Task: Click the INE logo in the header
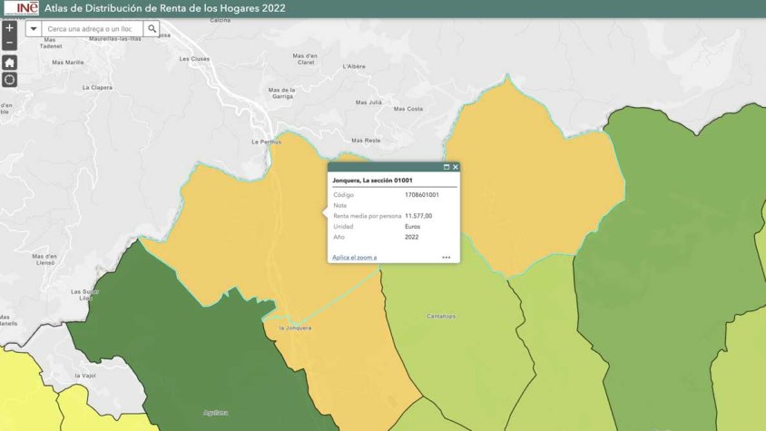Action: pyautogui.click(x=21, y=8)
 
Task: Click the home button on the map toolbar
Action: pyautogui.click(x=9, y=63)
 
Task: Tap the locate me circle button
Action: pyautogui.click(x=9, y=80)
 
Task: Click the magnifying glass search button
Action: pyautogui.click(x=152, y=29)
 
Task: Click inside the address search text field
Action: pyautogui.click(x=93, y=29)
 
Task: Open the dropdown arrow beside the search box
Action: pyautogui.click(x=34, y=29)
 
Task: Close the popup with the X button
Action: pyautogui.click(x=456, y=167)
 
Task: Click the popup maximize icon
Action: pyautogui.click(x=447, y=167)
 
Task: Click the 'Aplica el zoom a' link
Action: pyautogui.click(x=354, y=258)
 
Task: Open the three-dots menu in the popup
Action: pyautogui.click(x=447, y=258)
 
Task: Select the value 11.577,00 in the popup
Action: pyautogui.click(x=418, y=216)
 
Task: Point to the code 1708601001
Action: pyautogui.click(x=422, y=195)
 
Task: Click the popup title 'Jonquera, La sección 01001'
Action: pyautogui.click(x=372, y=181)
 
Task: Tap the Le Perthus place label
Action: pyautogui.click(x=266, y=142)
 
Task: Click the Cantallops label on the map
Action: pyautogui.click(x=441, y=317)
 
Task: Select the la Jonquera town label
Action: pyautogui.click(x=295, y=328)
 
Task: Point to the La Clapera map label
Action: pyautogui.click(x=97, y=87)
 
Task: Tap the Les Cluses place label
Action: pyautogui.click(x=194, y=58)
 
